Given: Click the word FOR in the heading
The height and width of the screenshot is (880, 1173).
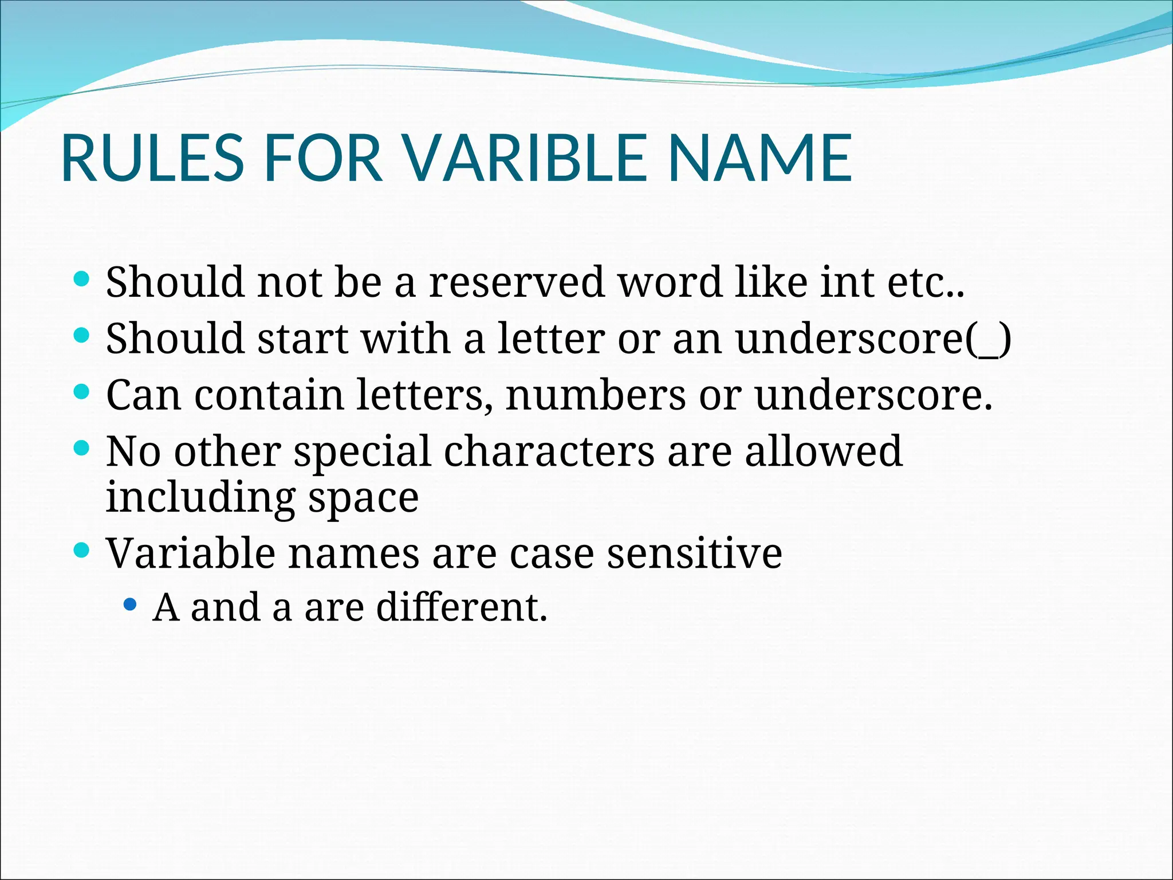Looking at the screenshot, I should point(324,158).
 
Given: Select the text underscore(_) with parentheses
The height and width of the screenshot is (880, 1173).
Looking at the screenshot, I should point(873,339).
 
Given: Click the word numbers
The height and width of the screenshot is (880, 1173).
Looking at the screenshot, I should point(596,395).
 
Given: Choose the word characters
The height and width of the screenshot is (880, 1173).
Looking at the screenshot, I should point(549,451).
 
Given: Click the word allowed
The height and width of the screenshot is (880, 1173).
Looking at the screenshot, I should point(823,451).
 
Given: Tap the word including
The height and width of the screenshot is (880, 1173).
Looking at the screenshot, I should point(200,497).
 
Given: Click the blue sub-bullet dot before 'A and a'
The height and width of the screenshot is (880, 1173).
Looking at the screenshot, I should point(131,604).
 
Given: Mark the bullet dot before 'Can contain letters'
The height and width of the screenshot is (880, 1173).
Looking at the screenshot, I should point(82,392).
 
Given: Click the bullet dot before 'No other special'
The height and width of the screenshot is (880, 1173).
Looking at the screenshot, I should point(82,448).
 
